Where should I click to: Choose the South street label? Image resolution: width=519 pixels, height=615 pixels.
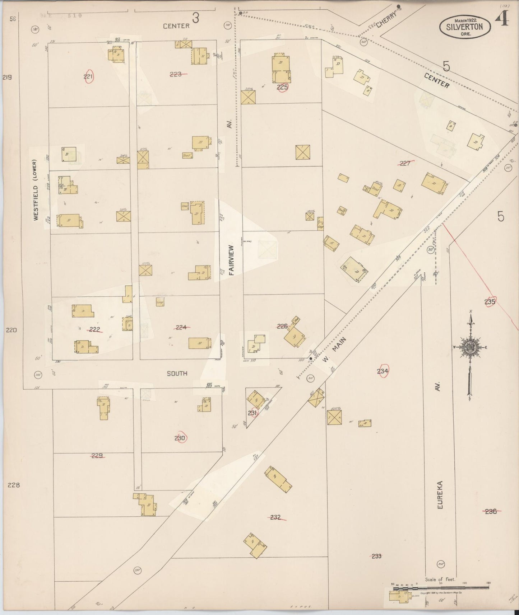tap(177, 374)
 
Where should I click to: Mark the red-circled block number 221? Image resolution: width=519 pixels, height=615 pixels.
tap(88, 76)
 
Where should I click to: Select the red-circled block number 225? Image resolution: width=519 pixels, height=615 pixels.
tap(282, 87)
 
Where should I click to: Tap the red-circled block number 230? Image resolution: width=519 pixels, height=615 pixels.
tap(180, 438)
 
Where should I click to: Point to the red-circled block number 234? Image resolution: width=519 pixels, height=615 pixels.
tap(383, 371)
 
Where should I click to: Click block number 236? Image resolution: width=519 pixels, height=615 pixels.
tap(491, 511)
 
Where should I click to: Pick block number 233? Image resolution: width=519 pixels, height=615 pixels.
tap(376, 556)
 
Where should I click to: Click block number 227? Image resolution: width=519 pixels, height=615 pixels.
tap(405, 163)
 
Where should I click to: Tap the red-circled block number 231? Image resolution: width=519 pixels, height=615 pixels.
tap(252, 413)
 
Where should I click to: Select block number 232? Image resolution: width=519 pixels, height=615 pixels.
tap(275, 517)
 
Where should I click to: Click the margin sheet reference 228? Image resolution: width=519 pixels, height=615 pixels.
tap(13, 485)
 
